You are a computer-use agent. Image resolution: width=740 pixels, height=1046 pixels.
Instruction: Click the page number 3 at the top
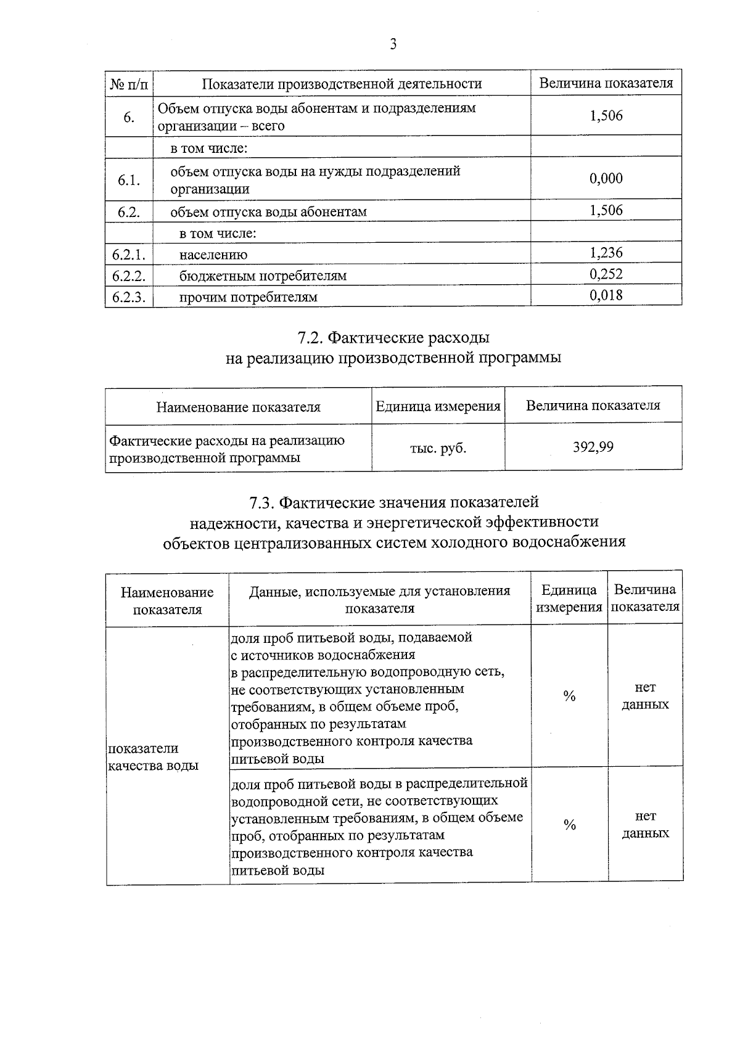click(393, 44)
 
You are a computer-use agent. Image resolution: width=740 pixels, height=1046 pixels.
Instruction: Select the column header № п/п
click(128, 83)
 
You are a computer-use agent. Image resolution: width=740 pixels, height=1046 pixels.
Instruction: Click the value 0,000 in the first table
click(606, 179)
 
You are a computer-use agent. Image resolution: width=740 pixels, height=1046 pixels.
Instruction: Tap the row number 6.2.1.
click(128, 255)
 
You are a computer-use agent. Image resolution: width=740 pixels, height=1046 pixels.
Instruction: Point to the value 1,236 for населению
click(606, 253)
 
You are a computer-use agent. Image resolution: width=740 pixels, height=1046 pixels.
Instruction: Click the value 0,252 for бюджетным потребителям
click(606, 274)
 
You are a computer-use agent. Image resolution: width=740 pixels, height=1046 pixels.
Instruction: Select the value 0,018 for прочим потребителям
click(606, 295)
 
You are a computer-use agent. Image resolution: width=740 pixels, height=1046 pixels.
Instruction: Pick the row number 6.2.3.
click(128, 297)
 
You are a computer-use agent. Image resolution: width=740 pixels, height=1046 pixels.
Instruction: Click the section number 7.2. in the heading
click(310, 338)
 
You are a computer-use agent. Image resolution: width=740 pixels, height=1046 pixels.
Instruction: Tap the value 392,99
click(593, 447)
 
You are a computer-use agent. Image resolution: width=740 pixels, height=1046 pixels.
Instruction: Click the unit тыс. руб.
click(438, 448)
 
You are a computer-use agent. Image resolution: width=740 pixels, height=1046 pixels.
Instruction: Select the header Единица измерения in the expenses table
click(438, 406)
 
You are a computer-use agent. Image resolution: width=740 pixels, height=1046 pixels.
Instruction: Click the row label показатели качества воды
click(153, 757)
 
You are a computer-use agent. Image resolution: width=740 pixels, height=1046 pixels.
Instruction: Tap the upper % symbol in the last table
click(569, 697)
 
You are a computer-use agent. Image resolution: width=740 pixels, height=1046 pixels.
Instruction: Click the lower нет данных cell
click(645, 825)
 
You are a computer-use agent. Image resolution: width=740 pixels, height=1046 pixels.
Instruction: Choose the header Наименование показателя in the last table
click(167, 601)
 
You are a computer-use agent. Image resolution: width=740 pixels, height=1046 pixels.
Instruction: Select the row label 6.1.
click(128, 180)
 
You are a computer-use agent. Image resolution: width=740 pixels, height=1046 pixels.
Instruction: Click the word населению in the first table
click(213, 255)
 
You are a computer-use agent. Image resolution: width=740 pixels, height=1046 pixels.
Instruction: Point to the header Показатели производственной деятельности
click(342, 84)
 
